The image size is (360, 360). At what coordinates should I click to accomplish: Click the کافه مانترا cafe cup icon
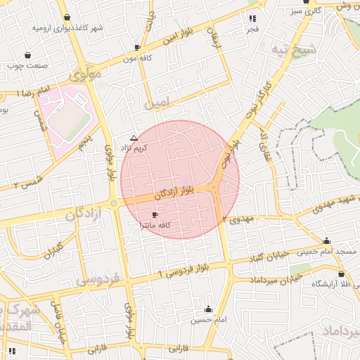pyautogui.click(x=155, y=214)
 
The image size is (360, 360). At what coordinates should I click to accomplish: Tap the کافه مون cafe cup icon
pyautogui.click(x=137, y=47)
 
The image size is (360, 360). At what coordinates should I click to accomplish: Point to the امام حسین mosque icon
pyautogui.click(x=208, y=309)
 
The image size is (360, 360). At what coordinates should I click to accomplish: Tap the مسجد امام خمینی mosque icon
pyautogui.click(x=326, y=240)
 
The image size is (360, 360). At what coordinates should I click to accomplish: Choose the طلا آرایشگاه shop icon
pyautogui.click(x=341, y=274)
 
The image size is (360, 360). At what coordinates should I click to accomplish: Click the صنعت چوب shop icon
pyautogui.click(x=27, y=55)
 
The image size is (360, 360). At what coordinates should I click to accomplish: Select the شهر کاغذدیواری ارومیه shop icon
pyautogui.click(x=67, y=18)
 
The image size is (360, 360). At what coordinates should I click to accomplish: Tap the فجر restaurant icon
pyautogui.click(x=252, y=18)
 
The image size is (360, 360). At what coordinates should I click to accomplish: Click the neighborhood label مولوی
pyautogui.click(x=85, y=72)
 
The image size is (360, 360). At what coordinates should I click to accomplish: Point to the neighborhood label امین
pyautogui.click(x=157, y=103)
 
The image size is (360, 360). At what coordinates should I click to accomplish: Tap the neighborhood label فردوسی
pyautogui.click(x=96, y=280)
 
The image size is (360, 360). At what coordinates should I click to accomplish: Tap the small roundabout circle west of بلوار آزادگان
pyautogui.click(x=113, y=204)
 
